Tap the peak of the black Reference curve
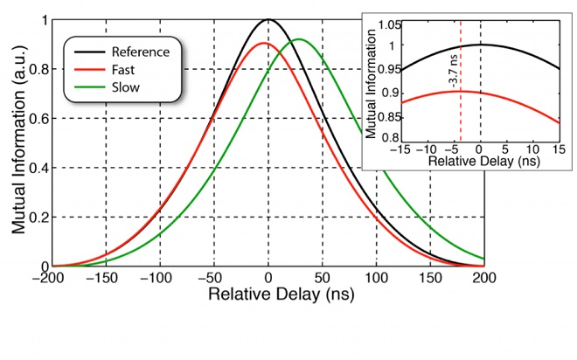pyautogui.click(x=268, y=19)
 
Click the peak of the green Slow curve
pyautogui.click(x=298, y=39)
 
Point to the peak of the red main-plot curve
pyautogui.click(x=265, y=43)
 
